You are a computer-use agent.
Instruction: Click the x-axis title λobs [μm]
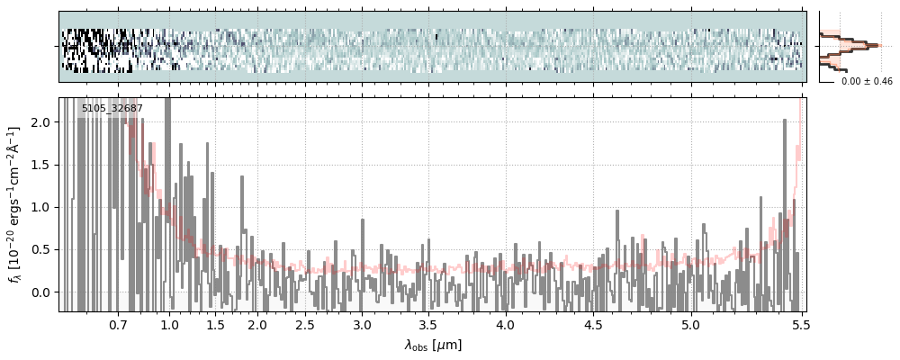(432, 345)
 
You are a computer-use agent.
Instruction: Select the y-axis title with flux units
(16, 204)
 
